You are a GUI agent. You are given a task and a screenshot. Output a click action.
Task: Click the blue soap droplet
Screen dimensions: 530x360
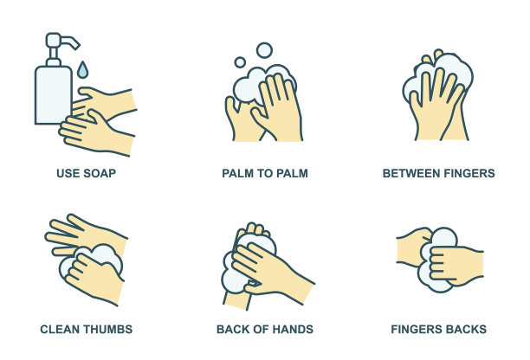(82, 70)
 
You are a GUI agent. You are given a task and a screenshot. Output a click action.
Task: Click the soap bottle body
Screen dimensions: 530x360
(54, 94)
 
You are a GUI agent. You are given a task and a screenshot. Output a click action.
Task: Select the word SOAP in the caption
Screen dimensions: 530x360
(100, 173)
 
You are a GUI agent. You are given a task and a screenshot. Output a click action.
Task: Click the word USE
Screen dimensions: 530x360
(68, 173)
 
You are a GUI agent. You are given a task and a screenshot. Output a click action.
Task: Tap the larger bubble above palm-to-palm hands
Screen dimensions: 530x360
(264, 50)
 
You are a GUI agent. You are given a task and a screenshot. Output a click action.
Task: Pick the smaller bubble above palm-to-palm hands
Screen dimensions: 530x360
(240, 62)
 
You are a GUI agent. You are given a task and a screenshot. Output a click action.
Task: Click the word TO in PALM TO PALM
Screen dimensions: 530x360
(265, 173)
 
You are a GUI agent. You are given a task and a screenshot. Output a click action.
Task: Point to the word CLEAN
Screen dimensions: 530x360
(60, 329)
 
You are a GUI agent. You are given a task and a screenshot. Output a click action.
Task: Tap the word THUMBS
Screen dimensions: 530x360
(108, 329)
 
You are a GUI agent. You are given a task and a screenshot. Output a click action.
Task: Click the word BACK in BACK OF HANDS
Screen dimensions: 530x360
(233, 329)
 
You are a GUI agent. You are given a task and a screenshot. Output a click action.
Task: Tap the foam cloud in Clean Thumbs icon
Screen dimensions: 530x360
(92, 257)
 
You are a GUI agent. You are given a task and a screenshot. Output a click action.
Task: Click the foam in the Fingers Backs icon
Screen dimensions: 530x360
(436, 259)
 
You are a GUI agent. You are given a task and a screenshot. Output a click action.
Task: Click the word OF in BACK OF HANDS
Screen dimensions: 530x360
(261, 329)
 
